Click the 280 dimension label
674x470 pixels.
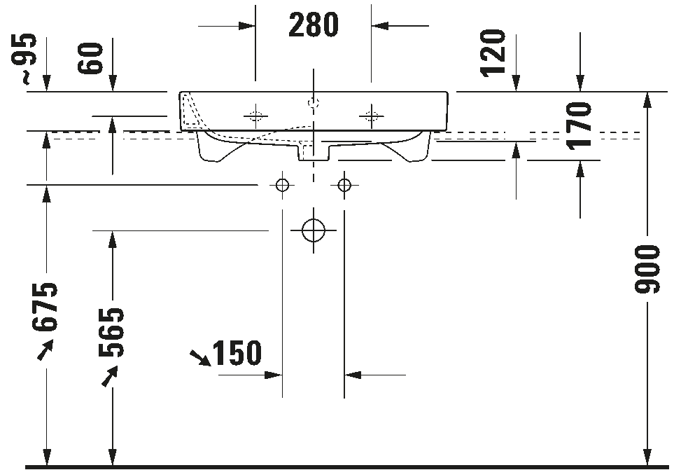click(314, 25)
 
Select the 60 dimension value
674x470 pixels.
click(90, 58)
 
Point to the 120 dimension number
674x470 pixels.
click(493, 53)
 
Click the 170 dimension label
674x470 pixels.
click(579, 125)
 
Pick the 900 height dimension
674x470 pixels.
click(647, 270)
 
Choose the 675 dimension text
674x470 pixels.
click(44, 307)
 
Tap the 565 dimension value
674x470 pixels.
click(111, 333)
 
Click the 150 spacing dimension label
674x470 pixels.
click(237, 353)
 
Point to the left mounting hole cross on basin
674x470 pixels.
click(255, 116)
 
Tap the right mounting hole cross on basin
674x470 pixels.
click(372, 116)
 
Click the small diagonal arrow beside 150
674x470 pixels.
click(200, 358)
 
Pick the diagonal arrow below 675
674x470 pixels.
click(45, 350)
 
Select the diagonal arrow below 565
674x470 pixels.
click(110, 376)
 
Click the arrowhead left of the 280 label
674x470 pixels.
click(247, 26)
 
